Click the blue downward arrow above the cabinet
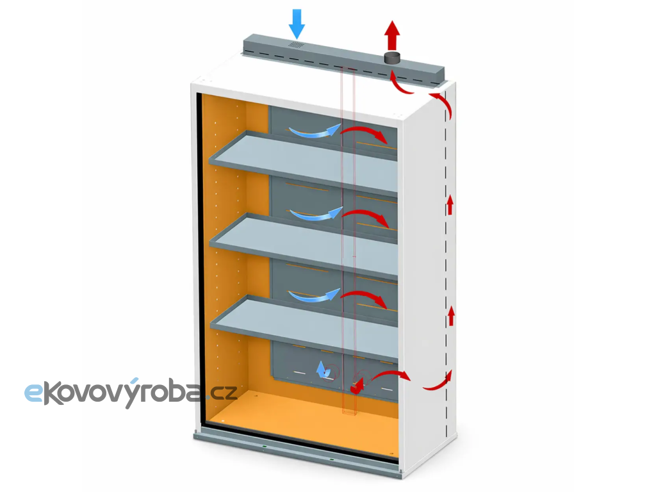coord(297,24)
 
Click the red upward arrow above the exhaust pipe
coord(392,35)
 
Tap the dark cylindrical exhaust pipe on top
coord(393,58)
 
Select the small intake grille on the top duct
coord(296,45)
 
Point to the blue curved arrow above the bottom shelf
coord(314,295)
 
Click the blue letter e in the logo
coord(33,393)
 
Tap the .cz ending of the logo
coord(220,393)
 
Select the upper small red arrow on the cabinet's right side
coord(450,205)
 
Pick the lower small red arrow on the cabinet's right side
coord(451,316)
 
